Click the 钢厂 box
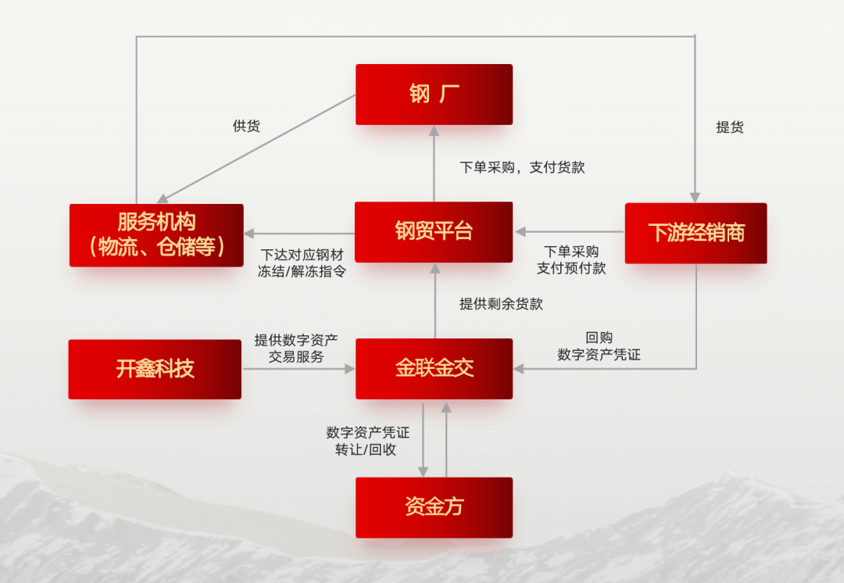pyautogui.click(x=434, y=95)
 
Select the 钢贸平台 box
pyautogui.click(x=434, y=232)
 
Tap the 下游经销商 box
pyautogui.click(x=696, y=233)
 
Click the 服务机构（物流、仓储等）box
pyautogui.click(x=156, y=235)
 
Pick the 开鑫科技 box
pyautogui.click(x=155, y=369)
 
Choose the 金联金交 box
pyautogui.click(x=434, y=369)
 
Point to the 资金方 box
pyautogui.click(x=434, y=507)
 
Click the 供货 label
pyautogui.click(x=246, y=126)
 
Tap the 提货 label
pyautogui.click(x=729, y=127)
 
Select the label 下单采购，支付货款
pyautogui.click(x=522, y=167)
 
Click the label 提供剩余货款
pyautogui.click(x=501, y=304)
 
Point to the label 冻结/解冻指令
pyautogui.click(x=302, y=272)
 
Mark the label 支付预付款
pyautogui.click(x=571, y=268)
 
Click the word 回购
pyautogui.click(x=599, y=338)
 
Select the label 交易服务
pyautogui.click(x=296, y=356)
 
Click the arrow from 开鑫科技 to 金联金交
pyautogui.click(x=298, y=369)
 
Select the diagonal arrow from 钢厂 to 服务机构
pyautogui.click(x=258, y=148)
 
